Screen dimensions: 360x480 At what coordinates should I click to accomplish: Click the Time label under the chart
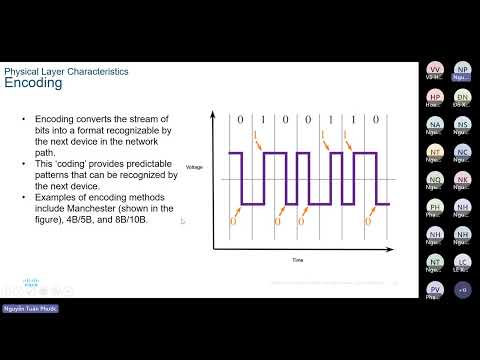point(297,259)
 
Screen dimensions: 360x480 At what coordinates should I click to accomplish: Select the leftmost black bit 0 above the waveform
point(240,121)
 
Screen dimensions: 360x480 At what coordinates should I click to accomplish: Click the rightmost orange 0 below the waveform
point(368,222)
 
